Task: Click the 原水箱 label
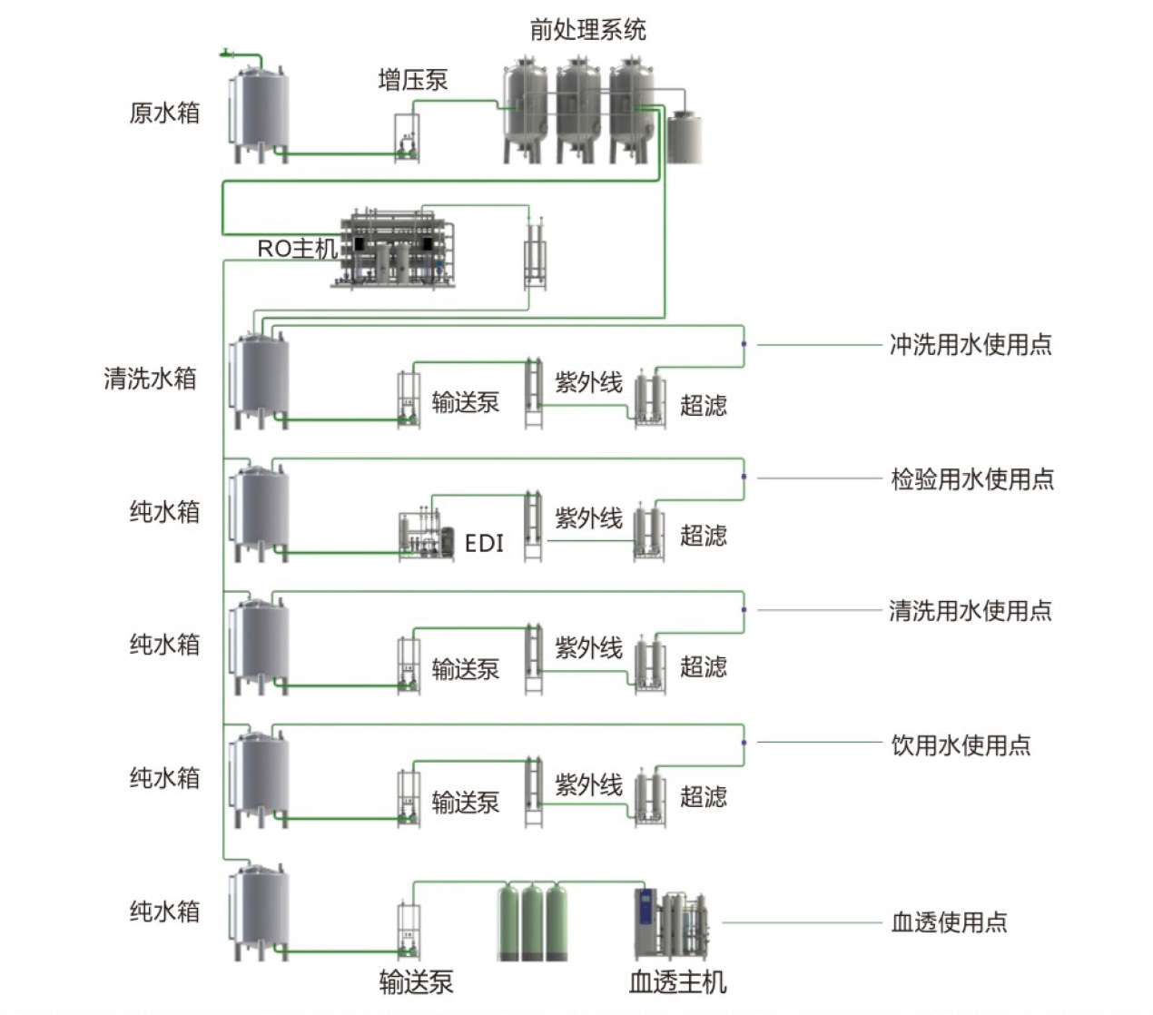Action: coord(164,113)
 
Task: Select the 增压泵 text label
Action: coord(413,80)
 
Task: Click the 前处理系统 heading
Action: coord(587,30)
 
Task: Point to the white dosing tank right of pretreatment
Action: coord(685,137)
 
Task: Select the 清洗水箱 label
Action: coord(151,379)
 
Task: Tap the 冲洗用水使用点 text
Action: coord(971,345)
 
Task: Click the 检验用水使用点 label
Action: coord(972,478)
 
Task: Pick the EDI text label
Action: coord(484,543)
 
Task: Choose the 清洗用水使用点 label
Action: coord(971,610)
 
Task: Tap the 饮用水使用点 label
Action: coord(961,745)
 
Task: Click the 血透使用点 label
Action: coord(950,922)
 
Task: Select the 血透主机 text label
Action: coord(677,981)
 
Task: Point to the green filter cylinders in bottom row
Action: coord(533,921)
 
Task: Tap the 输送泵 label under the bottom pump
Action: coord(416,981)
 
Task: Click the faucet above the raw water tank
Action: coord(227,54)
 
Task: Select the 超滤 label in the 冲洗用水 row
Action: coord(704,405)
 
